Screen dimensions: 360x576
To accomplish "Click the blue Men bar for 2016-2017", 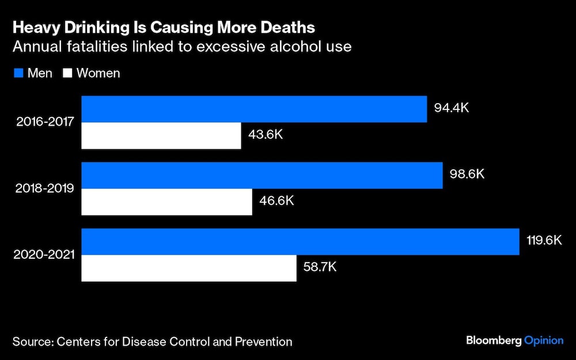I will click(x=254, y=109).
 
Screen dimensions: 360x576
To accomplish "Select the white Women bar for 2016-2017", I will click(x=161, y=136).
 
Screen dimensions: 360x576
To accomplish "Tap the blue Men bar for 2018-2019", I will click(x=262, y=176).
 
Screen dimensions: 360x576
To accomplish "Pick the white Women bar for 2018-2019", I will click(x=166, y=202).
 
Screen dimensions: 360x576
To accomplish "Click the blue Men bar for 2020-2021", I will click(x=300, y=242).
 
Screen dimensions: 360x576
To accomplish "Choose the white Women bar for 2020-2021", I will click(x=188, y=268).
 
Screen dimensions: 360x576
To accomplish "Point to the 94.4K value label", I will click(x=452, y=109).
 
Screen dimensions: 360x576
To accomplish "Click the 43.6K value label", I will click(x=266, y=135).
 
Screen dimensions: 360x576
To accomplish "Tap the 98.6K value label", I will click(x=467, y=175).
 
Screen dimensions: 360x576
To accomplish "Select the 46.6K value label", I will click(x=277, y=201).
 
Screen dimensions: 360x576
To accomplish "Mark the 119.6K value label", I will click(x=544, y=241).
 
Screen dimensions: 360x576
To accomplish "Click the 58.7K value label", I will click(x=321, y=268).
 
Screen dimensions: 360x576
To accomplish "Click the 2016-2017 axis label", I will click(x=45, y=122).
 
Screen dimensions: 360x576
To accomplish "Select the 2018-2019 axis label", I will click(x=45, y=188).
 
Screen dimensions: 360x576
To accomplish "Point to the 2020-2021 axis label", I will click(x=45, y=255).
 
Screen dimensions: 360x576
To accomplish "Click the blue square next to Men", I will click(x=17, y=73).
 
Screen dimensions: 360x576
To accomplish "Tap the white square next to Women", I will click(x=67, y=73).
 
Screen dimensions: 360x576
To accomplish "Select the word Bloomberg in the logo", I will click(x=494, y=341).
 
